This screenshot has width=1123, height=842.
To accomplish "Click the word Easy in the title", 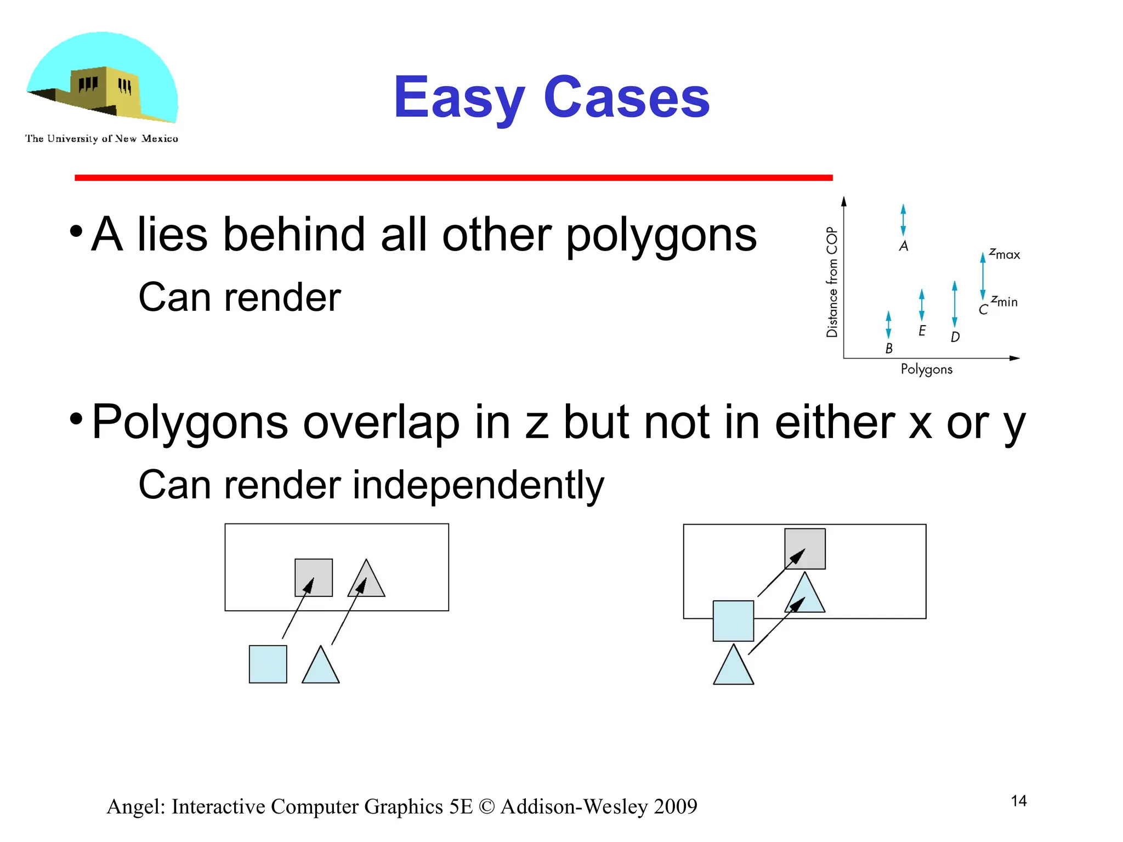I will click(459, 99).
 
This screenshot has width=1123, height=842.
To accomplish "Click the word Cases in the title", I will click(626, 99).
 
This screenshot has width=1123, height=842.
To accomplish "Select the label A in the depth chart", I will click(904, 246).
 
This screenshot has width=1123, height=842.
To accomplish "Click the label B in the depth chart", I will click(889, 348).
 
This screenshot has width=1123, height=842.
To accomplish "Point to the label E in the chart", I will click(922, 331).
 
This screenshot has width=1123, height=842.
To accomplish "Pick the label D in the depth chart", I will click(955, 337).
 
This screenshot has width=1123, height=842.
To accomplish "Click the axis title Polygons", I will click(926, 369).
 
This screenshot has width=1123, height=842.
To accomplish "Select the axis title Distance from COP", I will click(832, 282).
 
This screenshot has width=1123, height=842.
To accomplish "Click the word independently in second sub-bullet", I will click(478, 486).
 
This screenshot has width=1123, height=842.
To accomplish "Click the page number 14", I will click(1018, 801).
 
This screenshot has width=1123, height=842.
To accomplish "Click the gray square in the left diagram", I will click(314, 577).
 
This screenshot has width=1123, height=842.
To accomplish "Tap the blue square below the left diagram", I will click(268, 664).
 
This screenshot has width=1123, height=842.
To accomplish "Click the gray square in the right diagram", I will click(805, 548).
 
